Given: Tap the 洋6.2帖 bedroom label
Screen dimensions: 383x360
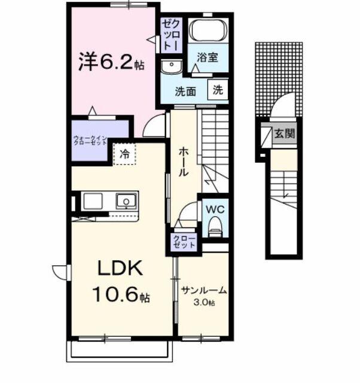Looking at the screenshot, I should coord(109,62).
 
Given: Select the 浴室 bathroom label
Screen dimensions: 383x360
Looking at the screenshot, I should coord(208,58).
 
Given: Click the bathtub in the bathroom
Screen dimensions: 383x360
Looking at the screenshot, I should coord(208,30).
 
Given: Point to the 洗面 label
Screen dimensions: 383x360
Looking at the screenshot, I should coord(185,92).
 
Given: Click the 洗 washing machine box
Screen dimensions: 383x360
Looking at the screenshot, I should coord(218,90).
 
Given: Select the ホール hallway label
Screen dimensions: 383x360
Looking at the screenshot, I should coord(183,162).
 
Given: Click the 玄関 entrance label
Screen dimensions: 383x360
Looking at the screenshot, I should coord(285,134).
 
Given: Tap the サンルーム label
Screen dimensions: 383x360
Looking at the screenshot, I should coord(205,291).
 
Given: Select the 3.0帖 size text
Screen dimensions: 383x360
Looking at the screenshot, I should coord(204,302).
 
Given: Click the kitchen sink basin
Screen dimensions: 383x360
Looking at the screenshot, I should coord(126,200).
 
